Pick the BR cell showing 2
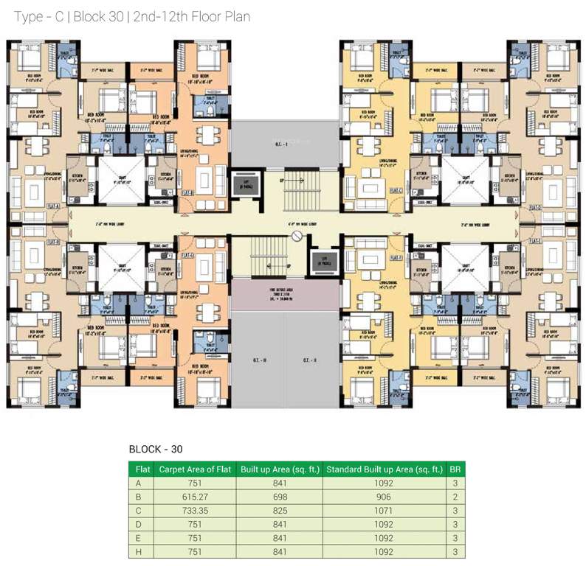(x=456, y=497)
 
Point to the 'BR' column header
(x=456, y=469)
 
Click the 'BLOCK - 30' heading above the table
(x=156, y=448)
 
